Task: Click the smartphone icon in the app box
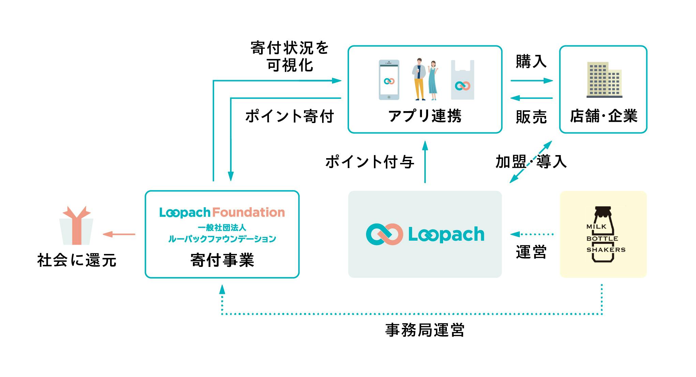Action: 389,80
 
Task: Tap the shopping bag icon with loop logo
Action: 463,81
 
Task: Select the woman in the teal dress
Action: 433,80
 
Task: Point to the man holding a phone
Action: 419,79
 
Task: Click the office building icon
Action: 604,80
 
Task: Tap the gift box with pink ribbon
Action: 76,226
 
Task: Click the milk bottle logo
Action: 604,234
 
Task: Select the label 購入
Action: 531,62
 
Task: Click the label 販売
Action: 531,117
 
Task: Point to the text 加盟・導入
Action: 531,162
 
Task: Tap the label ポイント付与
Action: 370,162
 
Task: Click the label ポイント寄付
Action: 289,116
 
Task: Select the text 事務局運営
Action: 425,330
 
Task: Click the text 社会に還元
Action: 77,260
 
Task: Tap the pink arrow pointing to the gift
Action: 119,234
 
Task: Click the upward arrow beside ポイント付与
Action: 425,162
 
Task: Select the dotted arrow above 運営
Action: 531,234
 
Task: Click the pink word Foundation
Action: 248,212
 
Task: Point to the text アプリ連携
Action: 425,116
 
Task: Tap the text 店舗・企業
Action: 604,116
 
